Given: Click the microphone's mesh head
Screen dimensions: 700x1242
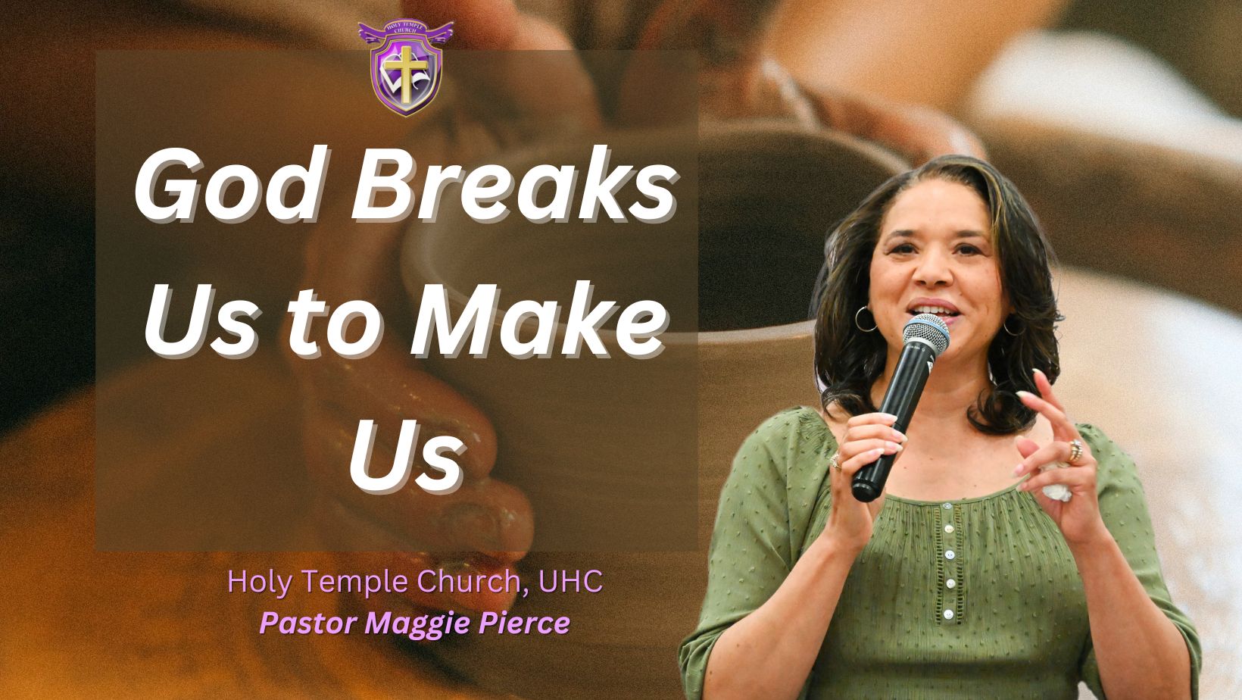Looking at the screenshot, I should pyautogui.click(x=925, y=336).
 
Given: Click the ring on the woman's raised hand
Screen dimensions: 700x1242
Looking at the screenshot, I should pyautogui.click(x=1075, y=451).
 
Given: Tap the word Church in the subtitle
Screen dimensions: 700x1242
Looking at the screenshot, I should pyautogui.click(x=465, y=582).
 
